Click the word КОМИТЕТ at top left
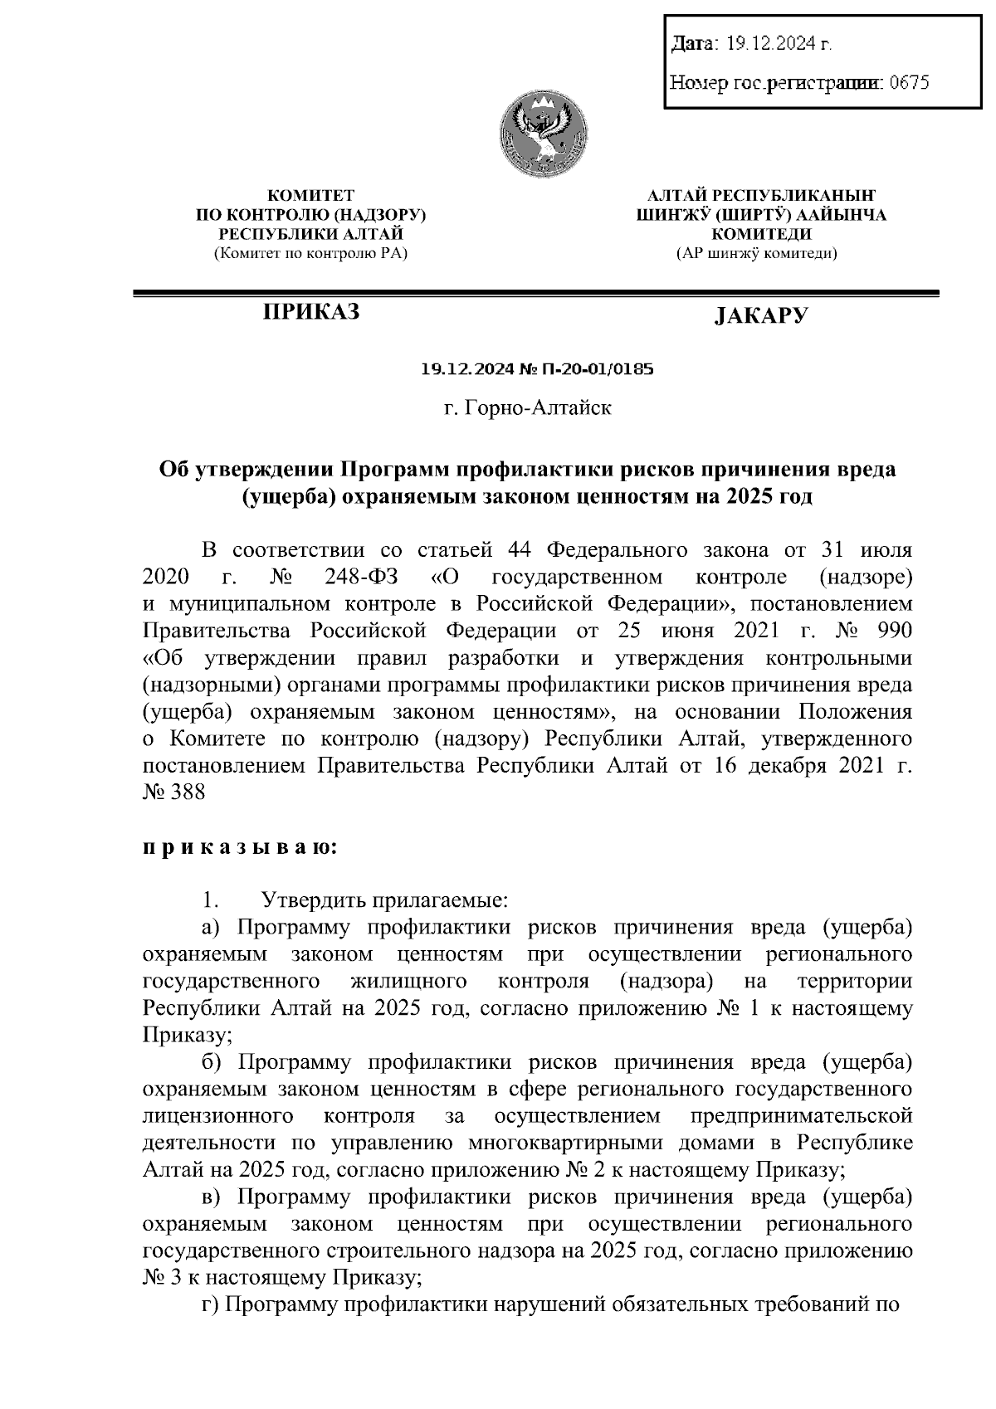tap(310, 197)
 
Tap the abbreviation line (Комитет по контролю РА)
tap(310, 253)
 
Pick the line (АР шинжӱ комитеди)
tap(756, 253)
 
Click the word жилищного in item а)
tap(408, 982)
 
